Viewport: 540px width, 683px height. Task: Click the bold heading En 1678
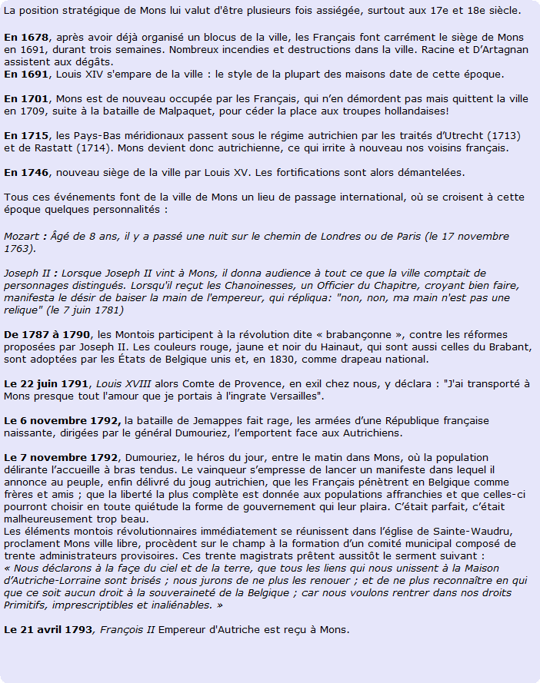tap(26, 37)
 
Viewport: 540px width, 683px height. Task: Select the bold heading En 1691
tap(26, 74)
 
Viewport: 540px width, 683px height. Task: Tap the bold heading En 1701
tap(26, 98)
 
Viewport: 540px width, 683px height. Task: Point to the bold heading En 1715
tap(26, 134)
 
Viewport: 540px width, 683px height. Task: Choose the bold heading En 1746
tap(26, 171)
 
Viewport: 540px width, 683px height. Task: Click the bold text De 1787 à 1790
tap(47, 334)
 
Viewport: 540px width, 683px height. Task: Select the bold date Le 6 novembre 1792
tap(62, 419)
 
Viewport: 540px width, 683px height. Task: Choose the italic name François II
tap(128, 629)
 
